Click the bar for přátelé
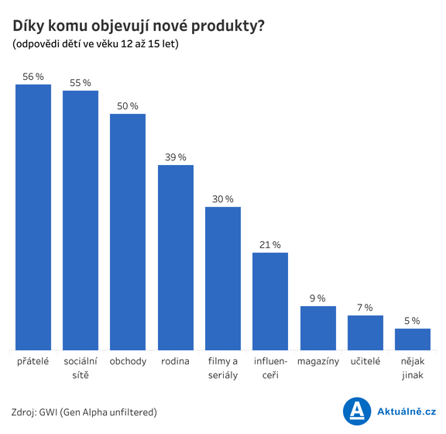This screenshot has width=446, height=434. [x=33, y=217]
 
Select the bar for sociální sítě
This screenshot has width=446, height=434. [x=81, y=220]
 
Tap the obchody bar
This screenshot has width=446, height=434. [x=128, y=232]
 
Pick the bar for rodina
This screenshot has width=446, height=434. [x=176, y=258]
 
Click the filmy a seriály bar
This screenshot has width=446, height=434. [x=223, y=278]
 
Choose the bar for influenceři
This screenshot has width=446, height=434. [x=270, y=301]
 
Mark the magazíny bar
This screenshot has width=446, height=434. [x=318, y=328]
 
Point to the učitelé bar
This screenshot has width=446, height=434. [x=365, y=333]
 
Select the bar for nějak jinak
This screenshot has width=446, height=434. [x=413, y=339]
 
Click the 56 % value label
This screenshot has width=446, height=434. [x=33, y=77]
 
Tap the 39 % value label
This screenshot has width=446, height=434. [x=176, y=157]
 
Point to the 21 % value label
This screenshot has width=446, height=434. [x=270, y=245]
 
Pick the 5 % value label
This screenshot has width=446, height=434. [x=412, y=321]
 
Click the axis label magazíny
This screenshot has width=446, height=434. [x=318, y=362]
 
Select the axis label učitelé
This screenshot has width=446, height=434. [x=365, y=361]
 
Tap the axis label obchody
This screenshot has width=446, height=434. [x=128, y=362]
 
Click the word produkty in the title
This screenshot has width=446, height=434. [x=228, y=26]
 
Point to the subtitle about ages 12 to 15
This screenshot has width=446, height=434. [x=95, y=44]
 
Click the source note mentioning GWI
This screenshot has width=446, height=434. [x=84, y=412]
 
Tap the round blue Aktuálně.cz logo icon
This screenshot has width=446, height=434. [x=357, y=412]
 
